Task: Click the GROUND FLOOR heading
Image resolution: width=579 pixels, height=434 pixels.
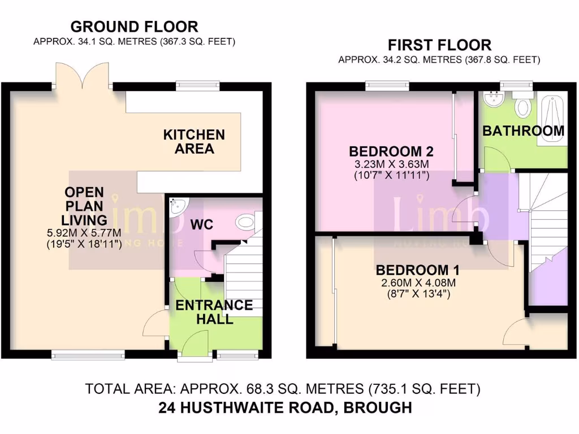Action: click(x=134, y=27)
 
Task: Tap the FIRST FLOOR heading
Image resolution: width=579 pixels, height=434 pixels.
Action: click(x=439, y=45)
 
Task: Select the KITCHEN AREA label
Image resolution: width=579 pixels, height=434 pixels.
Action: click(x=194, y=142)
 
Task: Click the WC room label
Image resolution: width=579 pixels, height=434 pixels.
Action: click(x=201, y=224)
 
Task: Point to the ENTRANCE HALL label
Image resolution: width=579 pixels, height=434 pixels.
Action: click(x=214, y=312)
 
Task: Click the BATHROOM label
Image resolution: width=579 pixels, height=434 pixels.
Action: click(x=523, y=131)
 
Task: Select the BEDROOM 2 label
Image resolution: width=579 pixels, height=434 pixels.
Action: click(x=391, y=151)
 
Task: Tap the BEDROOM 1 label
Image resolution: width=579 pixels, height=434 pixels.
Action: click(x=417, y=269)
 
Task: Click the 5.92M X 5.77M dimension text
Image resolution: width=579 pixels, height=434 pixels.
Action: click(x=85, y=232)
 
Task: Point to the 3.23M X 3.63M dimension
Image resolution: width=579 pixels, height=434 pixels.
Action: click(x=391, y=164)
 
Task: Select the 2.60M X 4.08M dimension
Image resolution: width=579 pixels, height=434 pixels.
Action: click(x=417, y=282)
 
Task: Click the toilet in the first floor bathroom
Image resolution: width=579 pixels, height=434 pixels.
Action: click(x=522, y=105)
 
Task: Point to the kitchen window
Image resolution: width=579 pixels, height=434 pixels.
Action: click(x=196, y=86)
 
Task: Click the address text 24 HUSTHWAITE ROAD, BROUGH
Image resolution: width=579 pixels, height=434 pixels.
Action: click(x=285, y=407)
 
